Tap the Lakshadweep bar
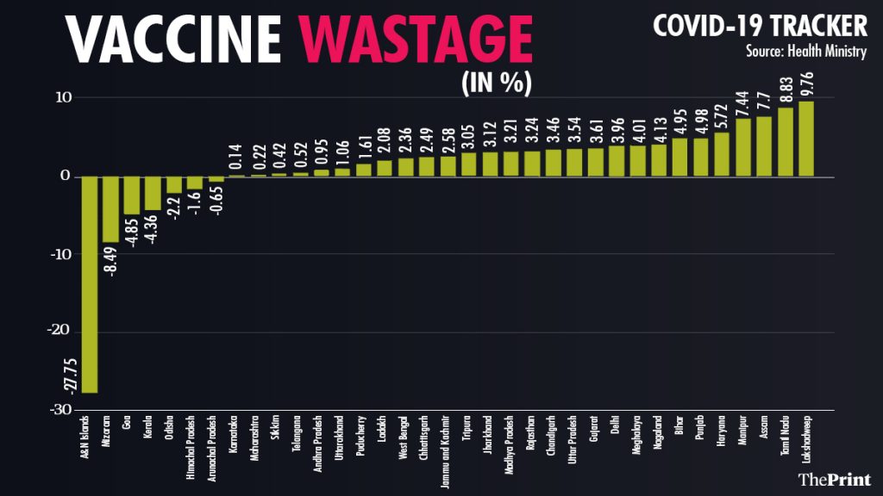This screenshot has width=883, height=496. [806, 139]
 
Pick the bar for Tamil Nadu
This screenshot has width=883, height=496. [786, 142]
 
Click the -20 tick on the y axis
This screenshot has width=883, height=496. [59, 332]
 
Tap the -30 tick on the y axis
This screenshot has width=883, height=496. [59, 409]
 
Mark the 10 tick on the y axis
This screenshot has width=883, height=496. [62, 97]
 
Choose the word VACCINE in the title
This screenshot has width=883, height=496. [173, 39]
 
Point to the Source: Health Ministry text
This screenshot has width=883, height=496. [806, 52]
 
